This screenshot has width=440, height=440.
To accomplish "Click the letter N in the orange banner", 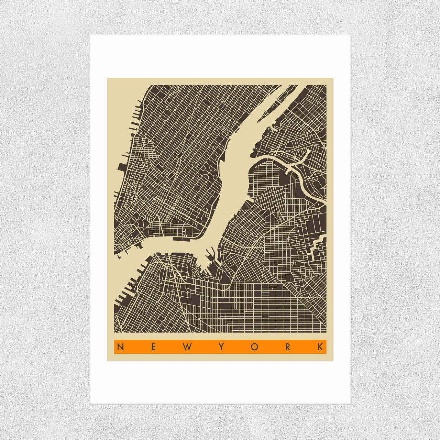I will pyautogui.click(x=120, y=347).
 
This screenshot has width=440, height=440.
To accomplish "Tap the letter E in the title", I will pyautogui.click(x=153, y=347).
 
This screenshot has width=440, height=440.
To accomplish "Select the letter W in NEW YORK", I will pyautogui.click(x=187, y=347).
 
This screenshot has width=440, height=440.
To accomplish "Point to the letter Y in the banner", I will pyautogui.click(x=221, y=347).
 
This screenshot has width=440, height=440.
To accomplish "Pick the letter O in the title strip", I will pyautogui.click(x=254, y=347).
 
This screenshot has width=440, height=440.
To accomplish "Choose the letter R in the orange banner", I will pyautogui.click(x=288, y=347).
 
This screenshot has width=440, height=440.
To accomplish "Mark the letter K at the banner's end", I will pyautogui.click(x=320, y=347).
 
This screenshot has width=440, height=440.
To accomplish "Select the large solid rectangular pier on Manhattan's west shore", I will pyautogui.click(x=122, y=167).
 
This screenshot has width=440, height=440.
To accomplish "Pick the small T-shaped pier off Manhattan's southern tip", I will pyautogui.click(x=119, y=256).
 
